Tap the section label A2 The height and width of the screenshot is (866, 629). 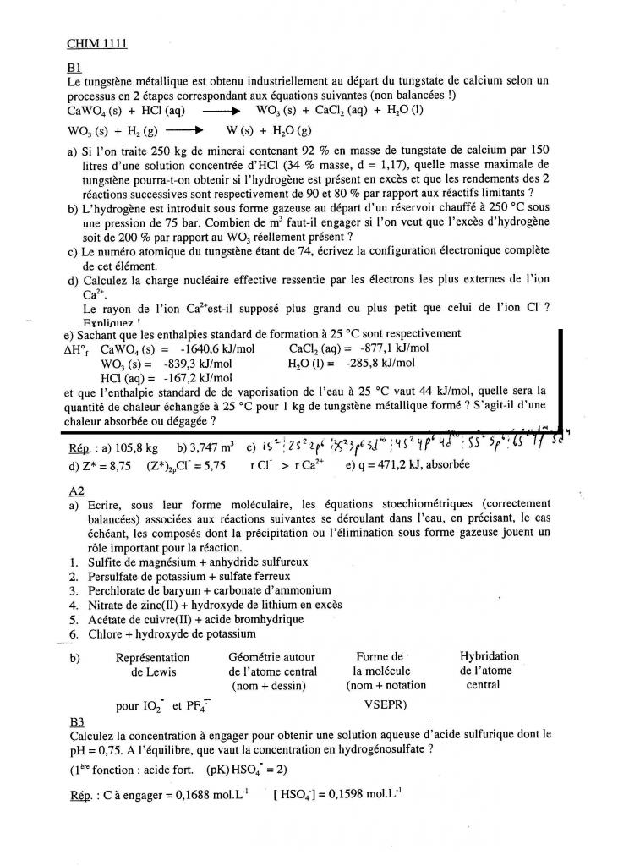pos(74,491)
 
